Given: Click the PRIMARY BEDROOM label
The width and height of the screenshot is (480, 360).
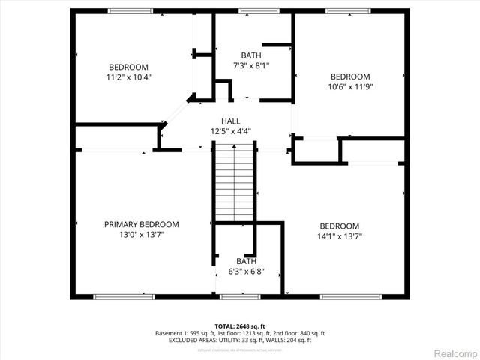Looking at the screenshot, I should [x=141, y=224].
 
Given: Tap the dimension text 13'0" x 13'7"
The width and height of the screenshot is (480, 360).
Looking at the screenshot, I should [x=141, y=235].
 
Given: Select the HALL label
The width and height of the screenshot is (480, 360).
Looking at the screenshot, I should [x=230, y=121].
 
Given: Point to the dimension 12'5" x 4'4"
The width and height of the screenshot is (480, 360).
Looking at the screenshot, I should [x=230, y=131].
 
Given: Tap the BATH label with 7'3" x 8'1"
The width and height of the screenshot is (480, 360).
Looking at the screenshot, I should [x=251, y=55].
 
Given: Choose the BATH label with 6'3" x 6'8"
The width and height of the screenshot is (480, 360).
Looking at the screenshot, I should [x=246, y=261].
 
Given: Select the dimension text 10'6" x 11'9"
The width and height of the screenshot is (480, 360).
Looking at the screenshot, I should [x=351, y=86].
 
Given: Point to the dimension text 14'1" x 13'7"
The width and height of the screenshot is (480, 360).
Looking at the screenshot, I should [x=340, y=237].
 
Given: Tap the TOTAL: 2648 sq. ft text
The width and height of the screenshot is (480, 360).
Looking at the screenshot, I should [x=240, y=325].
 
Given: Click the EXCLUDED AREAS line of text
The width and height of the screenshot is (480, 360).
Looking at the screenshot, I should [x=240, y=340].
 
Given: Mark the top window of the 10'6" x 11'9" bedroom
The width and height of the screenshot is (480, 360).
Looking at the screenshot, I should [x=347, y=11].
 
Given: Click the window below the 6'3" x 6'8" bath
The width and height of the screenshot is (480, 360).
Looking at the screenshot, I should [x=240, y=297].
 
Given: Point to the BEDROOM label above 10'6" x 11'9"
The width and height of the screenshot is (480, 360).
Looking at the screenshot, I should [x=351, y=76].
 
